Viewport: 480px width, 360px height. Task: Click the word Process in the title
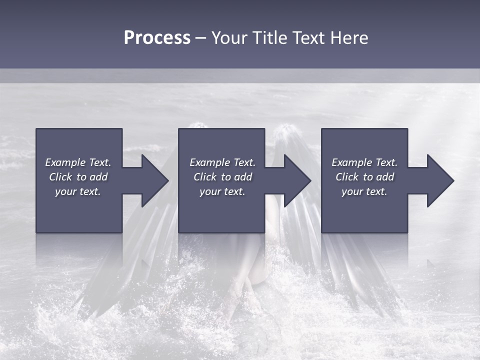tap(157, 38)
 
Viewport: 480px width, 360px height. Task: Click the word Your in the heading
tap(229, 38)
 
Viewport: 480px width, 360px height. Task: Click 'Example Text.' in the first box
tap(78, 162)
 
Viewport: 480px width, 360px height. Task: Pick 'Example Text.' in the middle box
tap(222, 162)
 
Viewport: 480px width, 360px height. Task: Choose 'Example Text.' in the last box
tap(364, 162)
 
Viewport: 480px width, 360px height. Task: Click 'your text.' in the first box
tap(78, 191)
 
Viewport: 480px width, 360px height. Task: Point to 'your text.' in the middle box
tap(222, 191)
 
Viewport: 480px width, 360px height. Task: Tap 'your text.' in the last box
tap(364, 191)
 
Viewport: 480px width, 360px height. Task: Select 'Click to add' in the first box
tap(78, 177)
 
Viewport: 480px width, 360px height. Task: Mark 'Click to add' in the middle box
tap(222, 177)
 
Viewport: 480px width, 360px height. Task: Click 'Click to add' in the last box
tap(364, 177)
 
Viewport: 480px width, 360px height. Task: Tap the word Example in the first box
tap(65, 162)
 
